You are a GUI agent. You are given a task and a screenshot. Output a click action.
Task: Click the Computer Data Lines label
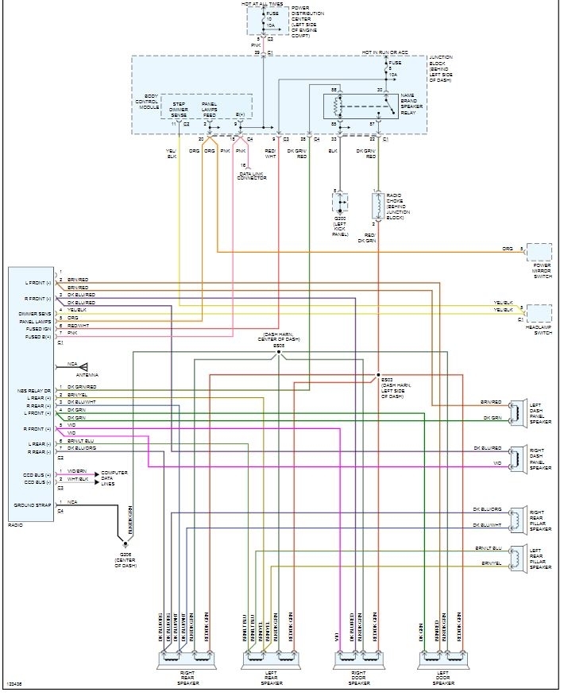(114, 478)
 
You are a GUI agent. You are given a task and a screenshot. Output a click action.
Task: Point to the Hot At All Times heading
(263, 4)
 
